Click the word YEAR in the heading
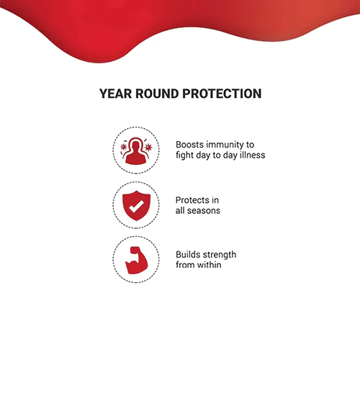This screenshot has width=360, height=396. click(115, 94)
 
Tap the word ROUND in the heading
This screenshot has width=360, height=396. click(157, 94)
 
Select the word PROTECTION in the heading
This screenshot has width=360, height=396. click(222, 94)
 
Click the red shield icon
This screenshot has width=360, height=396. click(136, 206)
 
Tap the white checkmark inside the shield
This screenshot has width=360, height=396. click(136, 207)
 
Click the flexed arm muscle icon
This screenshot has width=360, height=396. click(136, 260)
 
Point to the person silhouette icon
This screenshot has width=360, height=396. click(136, 151)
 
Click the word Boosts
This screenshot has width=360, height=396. click(189, 145)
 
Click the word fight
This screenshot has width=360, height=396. click(184, 156)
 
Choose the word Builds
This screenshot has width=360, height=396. click(188, 255)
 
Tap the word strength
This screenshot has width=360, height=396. click(220, 255)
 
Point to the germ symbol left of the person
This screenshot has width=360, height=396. click(124, 147)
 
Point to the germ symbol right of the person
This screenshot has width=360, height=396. click(148, 147)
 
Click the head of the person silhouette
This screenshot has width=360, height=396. click(136, 145)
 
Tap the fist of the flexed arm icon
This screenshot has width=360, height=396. click(135, 251)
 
